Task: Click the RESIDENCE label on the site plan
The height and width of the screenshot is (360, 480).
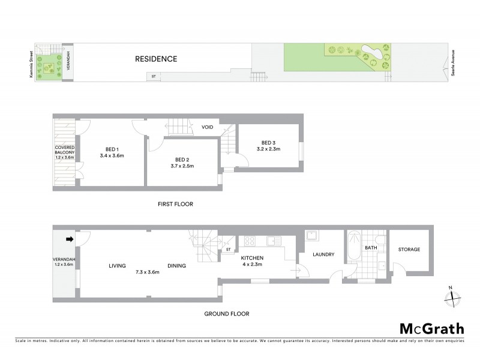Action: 155,59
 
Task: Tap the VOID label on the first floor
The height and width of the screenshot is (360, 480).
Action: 208,127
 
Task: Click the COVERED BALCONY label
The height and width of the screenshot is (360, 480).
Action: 65,151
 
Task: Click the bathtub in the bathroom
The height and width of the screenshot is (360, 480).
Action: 354,248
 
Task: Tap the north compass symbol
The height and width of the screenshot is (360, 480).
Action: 452,297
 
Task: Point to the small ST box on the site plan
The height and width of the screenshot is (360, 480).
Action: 154,76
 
